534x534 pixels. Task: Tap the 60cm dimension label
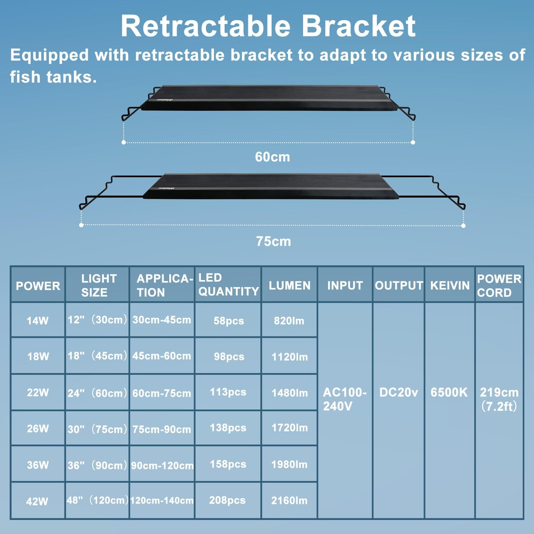point(272,157)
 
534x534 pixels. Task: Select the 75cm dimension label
point(273,241)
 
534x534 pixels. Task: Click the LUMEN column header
point(290,285)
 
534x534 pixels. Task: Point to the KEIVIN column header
point(450,285)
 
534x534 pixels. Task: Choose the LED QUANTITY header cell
point(228,284)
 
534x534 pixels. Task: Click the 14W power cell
point(38,321)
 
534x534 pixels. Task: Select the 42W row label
point(37,501)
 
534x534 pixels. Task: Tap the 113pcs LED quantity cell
point(228,392)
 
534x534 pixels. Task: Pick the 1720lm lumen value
point(290,428)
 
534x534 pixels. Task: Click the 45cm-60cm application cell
point(162,356)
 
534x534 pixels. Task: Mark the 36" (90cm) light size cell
point(97,465)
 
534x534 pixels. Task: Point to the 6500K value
point(449,392)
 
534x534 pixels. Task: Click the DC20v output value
point(398,392)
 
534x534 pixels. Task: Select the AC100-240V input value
point(345,399)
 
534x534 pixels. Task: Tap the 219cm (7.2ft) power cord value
point(499,399)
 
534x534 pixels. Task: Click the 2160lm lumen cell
point(289,500)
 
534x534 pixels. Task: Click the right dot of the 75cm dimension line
point(463,226)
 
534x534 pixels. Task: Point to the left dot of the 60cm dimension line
point(124,142)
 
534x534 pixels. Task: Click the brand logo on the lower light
point(166,189)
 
